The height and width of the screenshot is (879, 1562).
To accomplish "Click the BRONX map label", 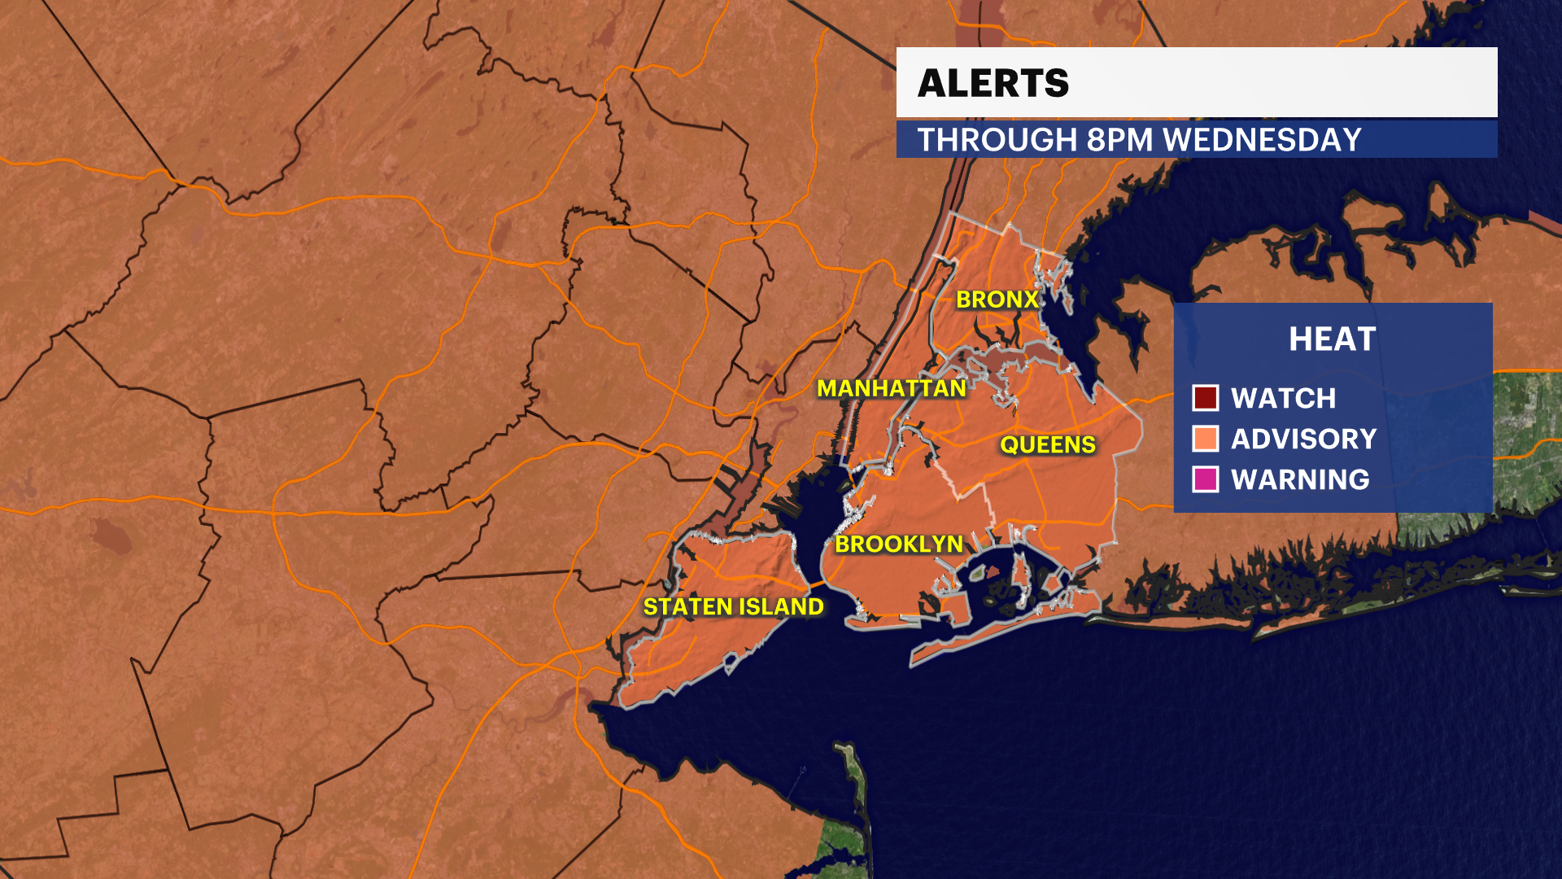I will point(997,300).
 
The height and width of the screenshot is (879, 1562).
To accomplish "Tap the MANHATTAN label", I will point(892,388).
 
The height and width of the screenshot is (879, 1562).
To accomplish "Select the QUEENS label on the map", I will point(1048,444).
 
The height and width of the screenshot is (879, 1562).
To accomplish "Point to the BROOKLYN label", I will point(899,544).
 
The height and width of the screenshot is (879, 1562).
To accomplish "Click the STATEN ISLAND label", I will point(733,606).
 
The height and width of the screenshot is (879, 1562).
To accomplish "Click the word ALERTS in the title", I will point(993,83).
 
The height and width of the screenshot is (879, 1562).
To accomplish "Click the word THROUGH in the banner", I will point(997,140).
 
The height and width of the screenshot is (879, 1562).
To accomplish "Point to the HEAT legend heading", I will point(1332,339).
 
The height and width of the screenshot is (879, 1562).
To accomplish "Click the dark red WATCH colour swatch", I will point(1205,398).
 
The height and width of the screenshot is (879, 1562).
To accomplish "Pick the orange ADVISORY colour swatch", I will point(1205,439).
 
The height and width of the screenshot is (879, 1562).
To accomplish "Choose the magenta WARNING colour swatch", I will point(1205,479).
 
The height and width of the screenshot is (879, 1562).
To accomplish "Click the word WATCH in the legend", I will point(1283,398).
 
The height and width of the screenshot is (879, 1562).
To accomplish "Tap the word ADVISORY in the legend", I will point(1303,439).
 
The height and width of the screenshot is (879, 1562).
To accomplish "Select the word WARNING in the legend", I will point(1300,479).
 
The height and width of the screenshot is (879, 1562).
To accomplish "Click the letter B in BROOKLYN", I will point(844,544).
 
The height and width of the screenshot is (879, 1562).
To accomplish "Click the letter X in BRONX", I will point(1030,300).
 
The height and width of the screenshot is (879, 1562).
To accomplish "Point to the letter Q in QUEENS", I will point(1009,444).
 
